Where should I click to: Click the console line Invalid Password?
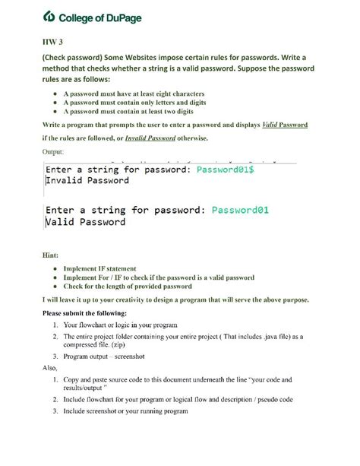pyautogui.click(x=87, y=182)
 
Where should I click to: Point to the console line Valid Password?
pyautogui.click(x=85, y=222)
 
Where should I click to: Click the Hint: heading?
pyautogui.click(x=51, y=256)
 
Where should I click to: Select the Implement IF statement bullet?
pyautogui.click(x=100, y=268)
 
